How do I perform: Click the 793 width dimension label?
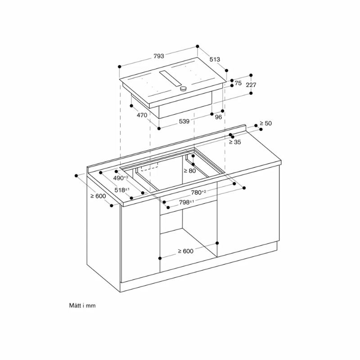158,56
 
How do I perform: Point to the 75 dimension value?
238,83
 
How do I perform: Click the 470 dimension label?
142,115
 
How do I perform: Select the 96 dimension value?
219,117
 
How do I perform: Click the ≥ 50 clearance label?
266,123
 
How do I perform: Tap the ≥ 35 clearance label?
234,142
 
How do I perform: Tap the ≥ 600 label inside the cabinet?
185,251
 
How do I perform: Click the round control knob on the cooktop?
183,89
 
